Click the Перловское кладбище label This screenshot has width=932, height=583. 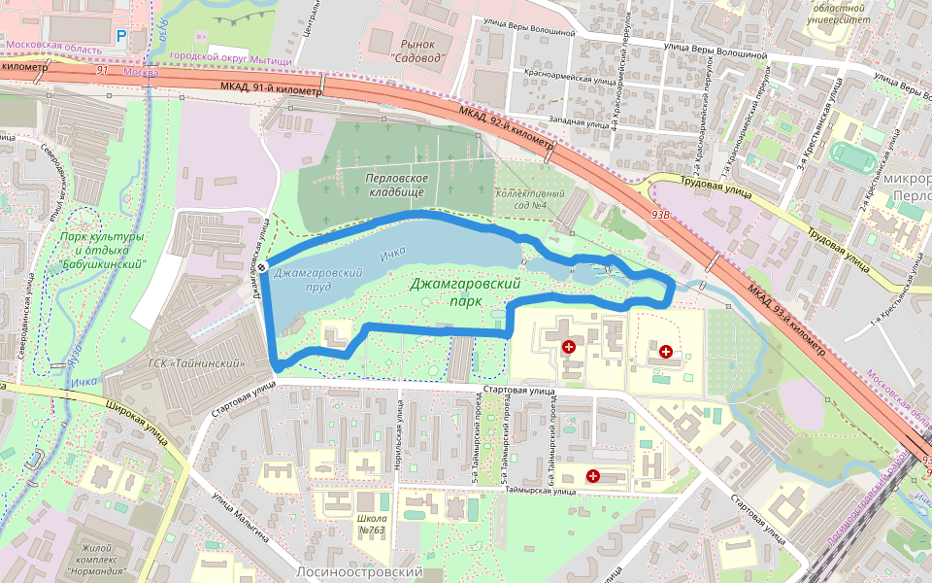(x=397, y=186)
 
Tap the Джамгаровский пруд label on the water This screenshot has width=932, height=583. (x=317, y=281)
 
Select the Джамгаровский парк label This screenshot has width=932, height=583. (x=460, y=291)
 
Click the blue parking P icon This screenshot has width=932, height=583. (x=121, y=36)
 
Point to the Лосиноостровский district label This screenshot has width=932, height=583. (x=360, y=572)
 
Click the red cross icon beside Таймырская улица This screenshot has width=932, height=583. (x=592, y=475)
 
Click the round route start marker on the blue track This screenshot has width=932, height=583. (x=262, y=268)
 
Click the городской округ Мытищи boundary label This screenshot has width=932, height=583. (x=230, y=58)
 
